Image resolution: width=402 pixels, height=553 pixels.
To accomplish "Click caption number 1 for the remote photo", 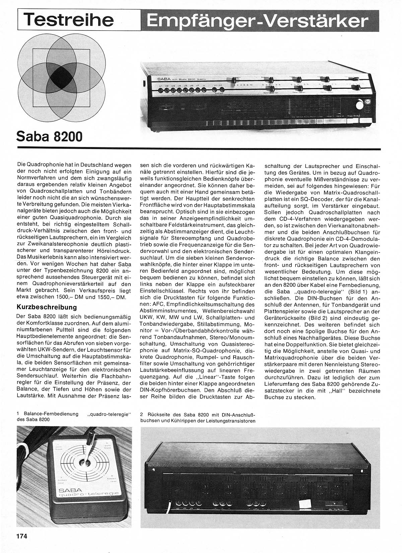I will (x=17, y=414).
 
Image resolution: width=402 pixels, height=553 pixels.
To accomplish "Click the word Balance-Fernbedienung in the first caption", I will (x=49, y=414).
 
